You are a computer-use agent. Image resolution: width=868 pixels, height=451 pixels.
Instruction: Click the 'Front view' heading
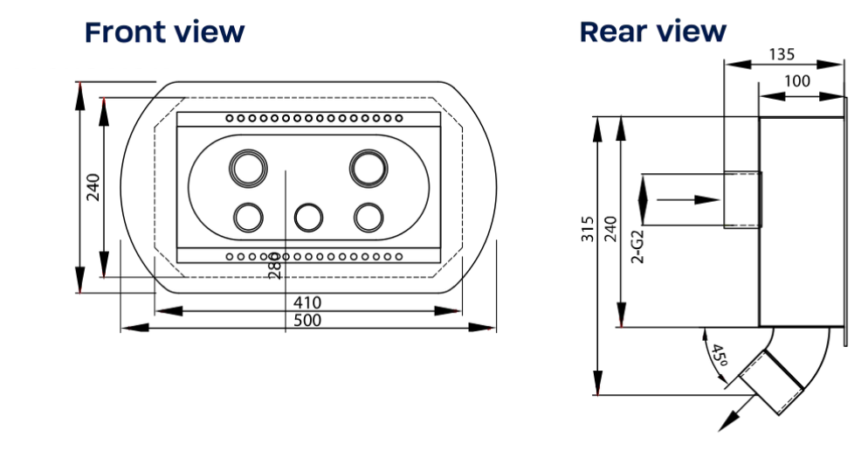tap(164, 32)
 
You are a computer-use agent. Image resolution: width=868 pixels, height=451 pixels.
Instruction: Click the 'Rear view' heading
tap(652, 31)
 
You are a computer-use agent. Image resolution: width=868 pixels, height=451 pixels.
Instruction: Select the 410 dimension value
tap(307, 302)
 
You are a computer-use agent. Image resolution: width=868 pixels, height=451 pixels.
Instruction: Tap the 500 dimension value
tap(307, 320)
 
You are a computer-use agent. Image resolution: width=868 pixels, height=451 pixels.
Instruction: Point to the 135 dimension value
tap(782, 54)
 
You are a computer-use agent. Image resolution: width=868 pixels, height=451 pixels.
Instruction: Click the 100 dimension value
tap(797, 81)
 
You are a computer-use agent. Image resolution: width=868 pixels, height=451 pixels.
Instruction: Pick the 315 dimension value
tap(588, 229)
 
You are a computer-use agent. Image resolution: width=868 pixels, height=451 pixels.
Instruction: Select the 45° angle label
tap(718, 355)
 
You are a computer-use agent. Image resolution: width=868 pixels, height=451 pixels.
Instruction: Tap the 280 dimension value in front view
tap(274, 266)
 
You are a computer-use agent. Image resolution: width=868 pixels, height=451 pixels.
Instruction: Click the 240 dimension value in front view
tap(93, 187)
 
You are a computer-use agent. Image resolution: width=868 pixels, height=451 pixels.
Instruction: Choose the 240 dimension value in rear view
tap(610, 229)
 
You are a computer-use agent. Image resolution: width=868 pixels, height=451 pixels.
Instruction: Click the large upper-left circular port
tap(248, 169)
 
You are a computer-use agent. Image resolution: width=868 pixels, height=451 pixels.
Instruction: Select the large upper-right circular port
tap(369, 169)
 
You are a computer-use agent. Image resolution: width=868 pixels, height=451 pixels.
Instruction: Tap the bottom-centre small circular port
tap(308, 218)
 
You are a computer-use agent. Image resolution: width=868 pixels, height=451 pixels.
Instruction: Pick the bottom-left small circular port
tap(248, 218)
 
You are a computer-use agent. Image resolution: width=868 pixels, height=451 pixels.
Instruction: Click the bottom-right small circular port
tap(369, 218)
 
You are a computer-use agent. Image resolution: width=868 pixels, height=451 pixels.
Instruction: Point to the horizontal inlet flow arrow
tap(687, 199)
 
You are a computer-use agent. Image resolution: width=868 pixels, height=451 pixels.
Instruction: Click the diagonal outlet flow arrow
tap(737, 413)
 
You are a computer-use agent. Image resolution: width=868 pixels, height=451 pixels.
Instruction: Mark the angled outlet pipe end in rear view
tap(771, 382)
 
